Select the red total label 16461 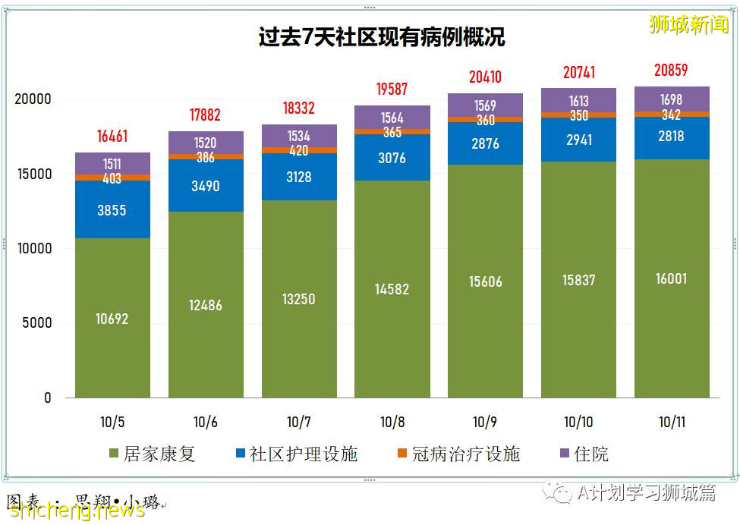[x=112, y=137]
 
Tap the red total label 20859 [x=671, y=71]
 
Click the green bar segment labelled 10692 [x=112, y=319]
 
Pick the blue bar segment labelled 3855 [x=112, y=210]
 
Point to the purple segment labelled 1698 [x=671, y=99]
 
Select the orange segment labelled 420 [x=299, y=150]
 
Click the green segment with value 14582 [x=392, y=288]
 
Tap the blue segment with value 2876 [x=485, y=144]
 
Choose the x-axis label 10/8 [x=392, y=422]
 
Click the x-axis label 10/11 [x=671, y=422]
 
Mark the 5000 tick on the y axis [x=36, y=323]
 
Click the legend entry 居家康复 [x=152, y=454]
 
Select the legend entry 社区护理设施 [x=295, y=454]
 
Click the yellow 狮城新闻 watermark [x=688, y=24]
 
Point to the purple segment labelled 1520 [x=206, y=143]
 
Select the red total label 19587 [x=392, y=90]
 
